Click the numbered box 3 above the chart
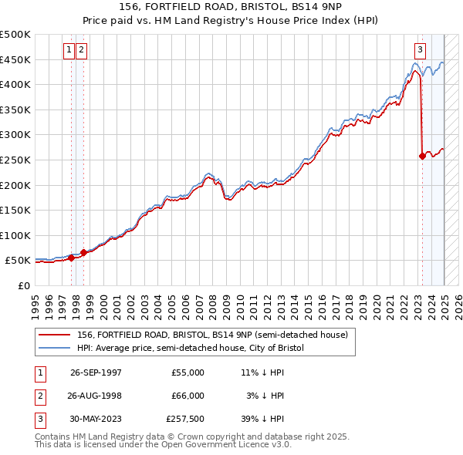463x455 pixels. pos(420,51)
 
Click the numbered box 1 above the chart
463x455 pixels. pos(69,51)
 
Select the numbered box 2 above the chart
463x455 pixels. pos(81,51)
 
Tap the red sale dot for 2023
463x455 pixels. pos(422,156)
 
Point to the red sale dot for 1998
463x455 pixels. pos(83,251)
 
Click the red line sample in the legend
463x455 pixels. pos(56,335)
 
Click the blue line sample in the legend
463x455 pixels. pos(56,349)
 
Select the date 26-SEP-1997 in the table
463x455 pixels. pos(96,373)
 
